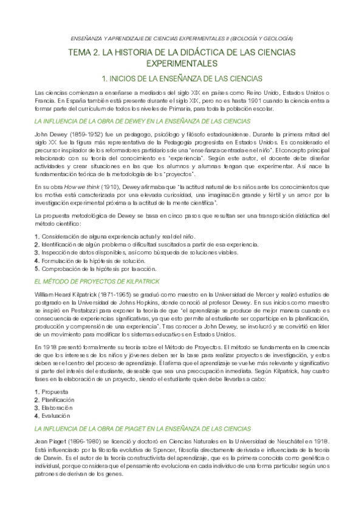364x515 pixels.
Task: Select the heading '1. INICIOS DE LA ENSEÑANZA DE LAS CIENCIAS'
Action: [x=182, y=78]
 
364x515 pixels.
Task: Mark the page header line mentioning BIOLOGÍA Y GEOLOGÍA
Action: [x=181, y=38]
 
